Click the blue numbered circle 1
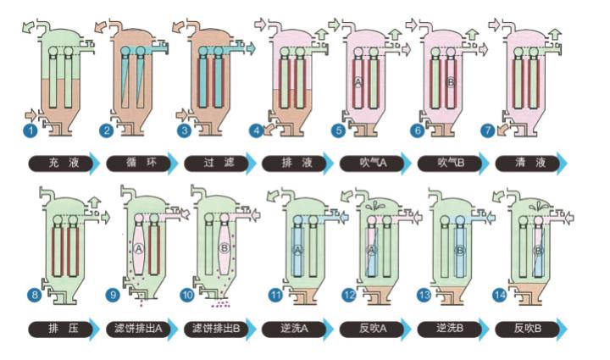click(31, 130)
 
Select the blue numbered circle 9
click(113, 296)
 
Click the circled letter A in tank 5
click(358, 82)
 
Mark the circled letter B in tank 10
click(224, 248)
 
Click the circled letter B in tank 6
click(450, 82)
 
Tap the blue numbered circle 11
click(276, 296)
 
